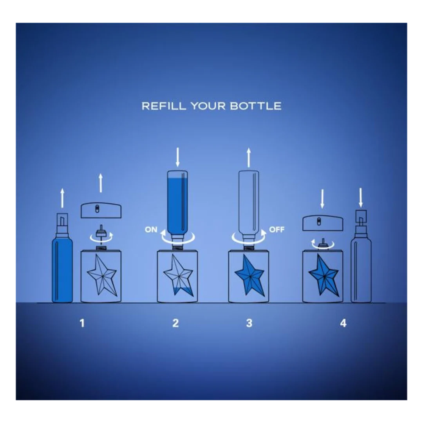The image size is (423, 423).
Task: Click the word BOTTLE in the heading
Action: click(x=255, y=106)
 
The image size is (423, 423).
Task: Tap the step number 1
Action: click(x=82, y=323)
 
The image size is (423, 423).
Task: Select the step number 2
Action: click(x=175, y=323)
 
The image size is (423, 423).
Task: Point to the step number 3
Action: click(x=249, y=323)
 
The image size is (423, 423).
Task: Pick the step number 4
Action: click(x=343, y=323)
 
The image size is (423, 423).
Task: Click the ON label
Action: click(x=151, y=230)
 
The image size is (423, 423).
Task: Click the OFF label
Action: click(x=277, y=230)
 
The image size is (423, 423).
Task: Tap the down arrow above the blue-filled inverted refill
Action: click(x=177, y=157)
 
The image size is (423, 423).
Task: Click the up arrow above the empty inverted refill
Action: click(x=249, y=157)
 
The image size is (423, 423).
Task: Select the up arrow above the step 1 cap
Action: click(x=101, y=183)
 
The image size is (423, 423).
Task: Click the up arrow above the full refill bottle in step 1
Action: click(x=62, y=198)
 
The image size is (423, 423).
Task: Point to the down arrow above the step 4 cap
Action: click(x=322, y=199)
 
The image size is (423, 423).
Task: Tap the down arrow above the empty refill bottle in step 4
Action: click(x=361, y=198)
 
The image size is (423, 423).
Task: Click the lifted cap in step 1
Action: click(x=101, y=210)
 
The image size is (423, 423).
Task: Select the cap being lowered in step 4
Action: click(x=323, y=223)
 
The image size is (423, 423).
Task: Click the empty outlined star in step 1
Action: click(x=102, y=275)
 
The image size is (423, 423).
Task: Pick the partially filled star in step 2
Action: click(x=178, y=275)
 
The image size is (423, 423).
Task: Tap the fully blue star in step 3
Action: click(x=249, y=275)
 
